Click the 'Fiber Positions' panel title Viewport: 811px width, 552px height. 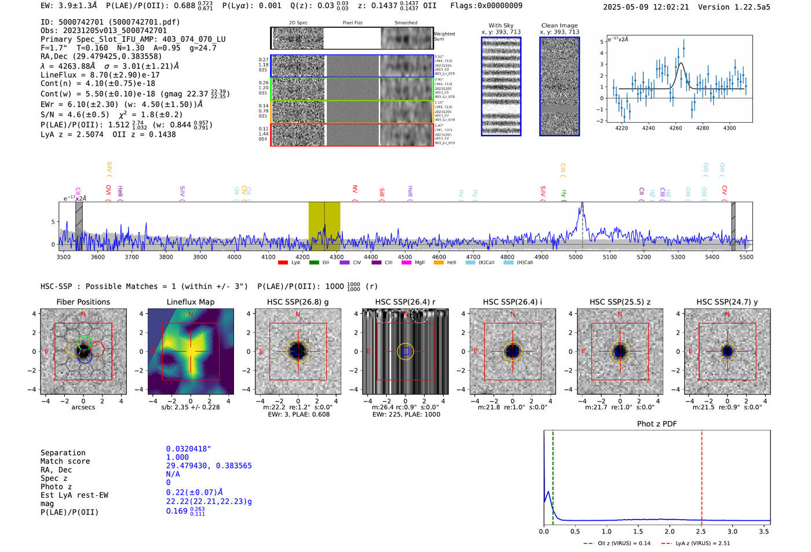[83, 302]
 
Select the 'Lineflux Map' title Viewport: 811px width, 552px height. [190, 302]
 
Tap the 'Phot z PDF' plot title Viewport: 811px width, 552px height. [656, 424]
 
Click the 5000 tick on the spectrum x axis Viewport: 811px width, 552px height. [575, 257]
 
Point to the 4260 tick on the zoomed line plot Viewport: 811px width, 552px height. [675, 128]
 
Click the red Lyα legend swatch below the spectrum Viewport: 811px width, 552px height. [283, 262]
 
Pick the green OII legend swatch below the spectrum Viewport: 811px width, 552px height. [314, 262]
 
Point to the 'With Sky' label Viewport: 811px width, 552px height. [501, 25]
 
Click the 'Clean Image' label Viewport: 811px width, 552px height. [559, 25]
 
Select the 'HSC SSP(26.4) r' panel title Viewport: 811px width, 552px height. [405, 302]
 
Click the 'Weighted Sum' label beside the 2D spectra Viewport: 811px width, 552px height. [444, 36]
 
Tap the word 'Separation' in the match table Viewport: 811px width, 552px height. [63, 453]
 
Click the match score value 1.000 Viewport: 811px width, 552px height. [177, 457]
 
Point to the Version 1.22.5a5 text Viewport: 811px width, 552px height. [734, 7]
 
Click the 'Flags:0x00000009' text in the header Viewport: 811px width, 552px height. [486, 6]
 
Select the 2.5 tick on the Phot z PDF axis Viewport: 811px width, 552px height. [701, 531]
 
